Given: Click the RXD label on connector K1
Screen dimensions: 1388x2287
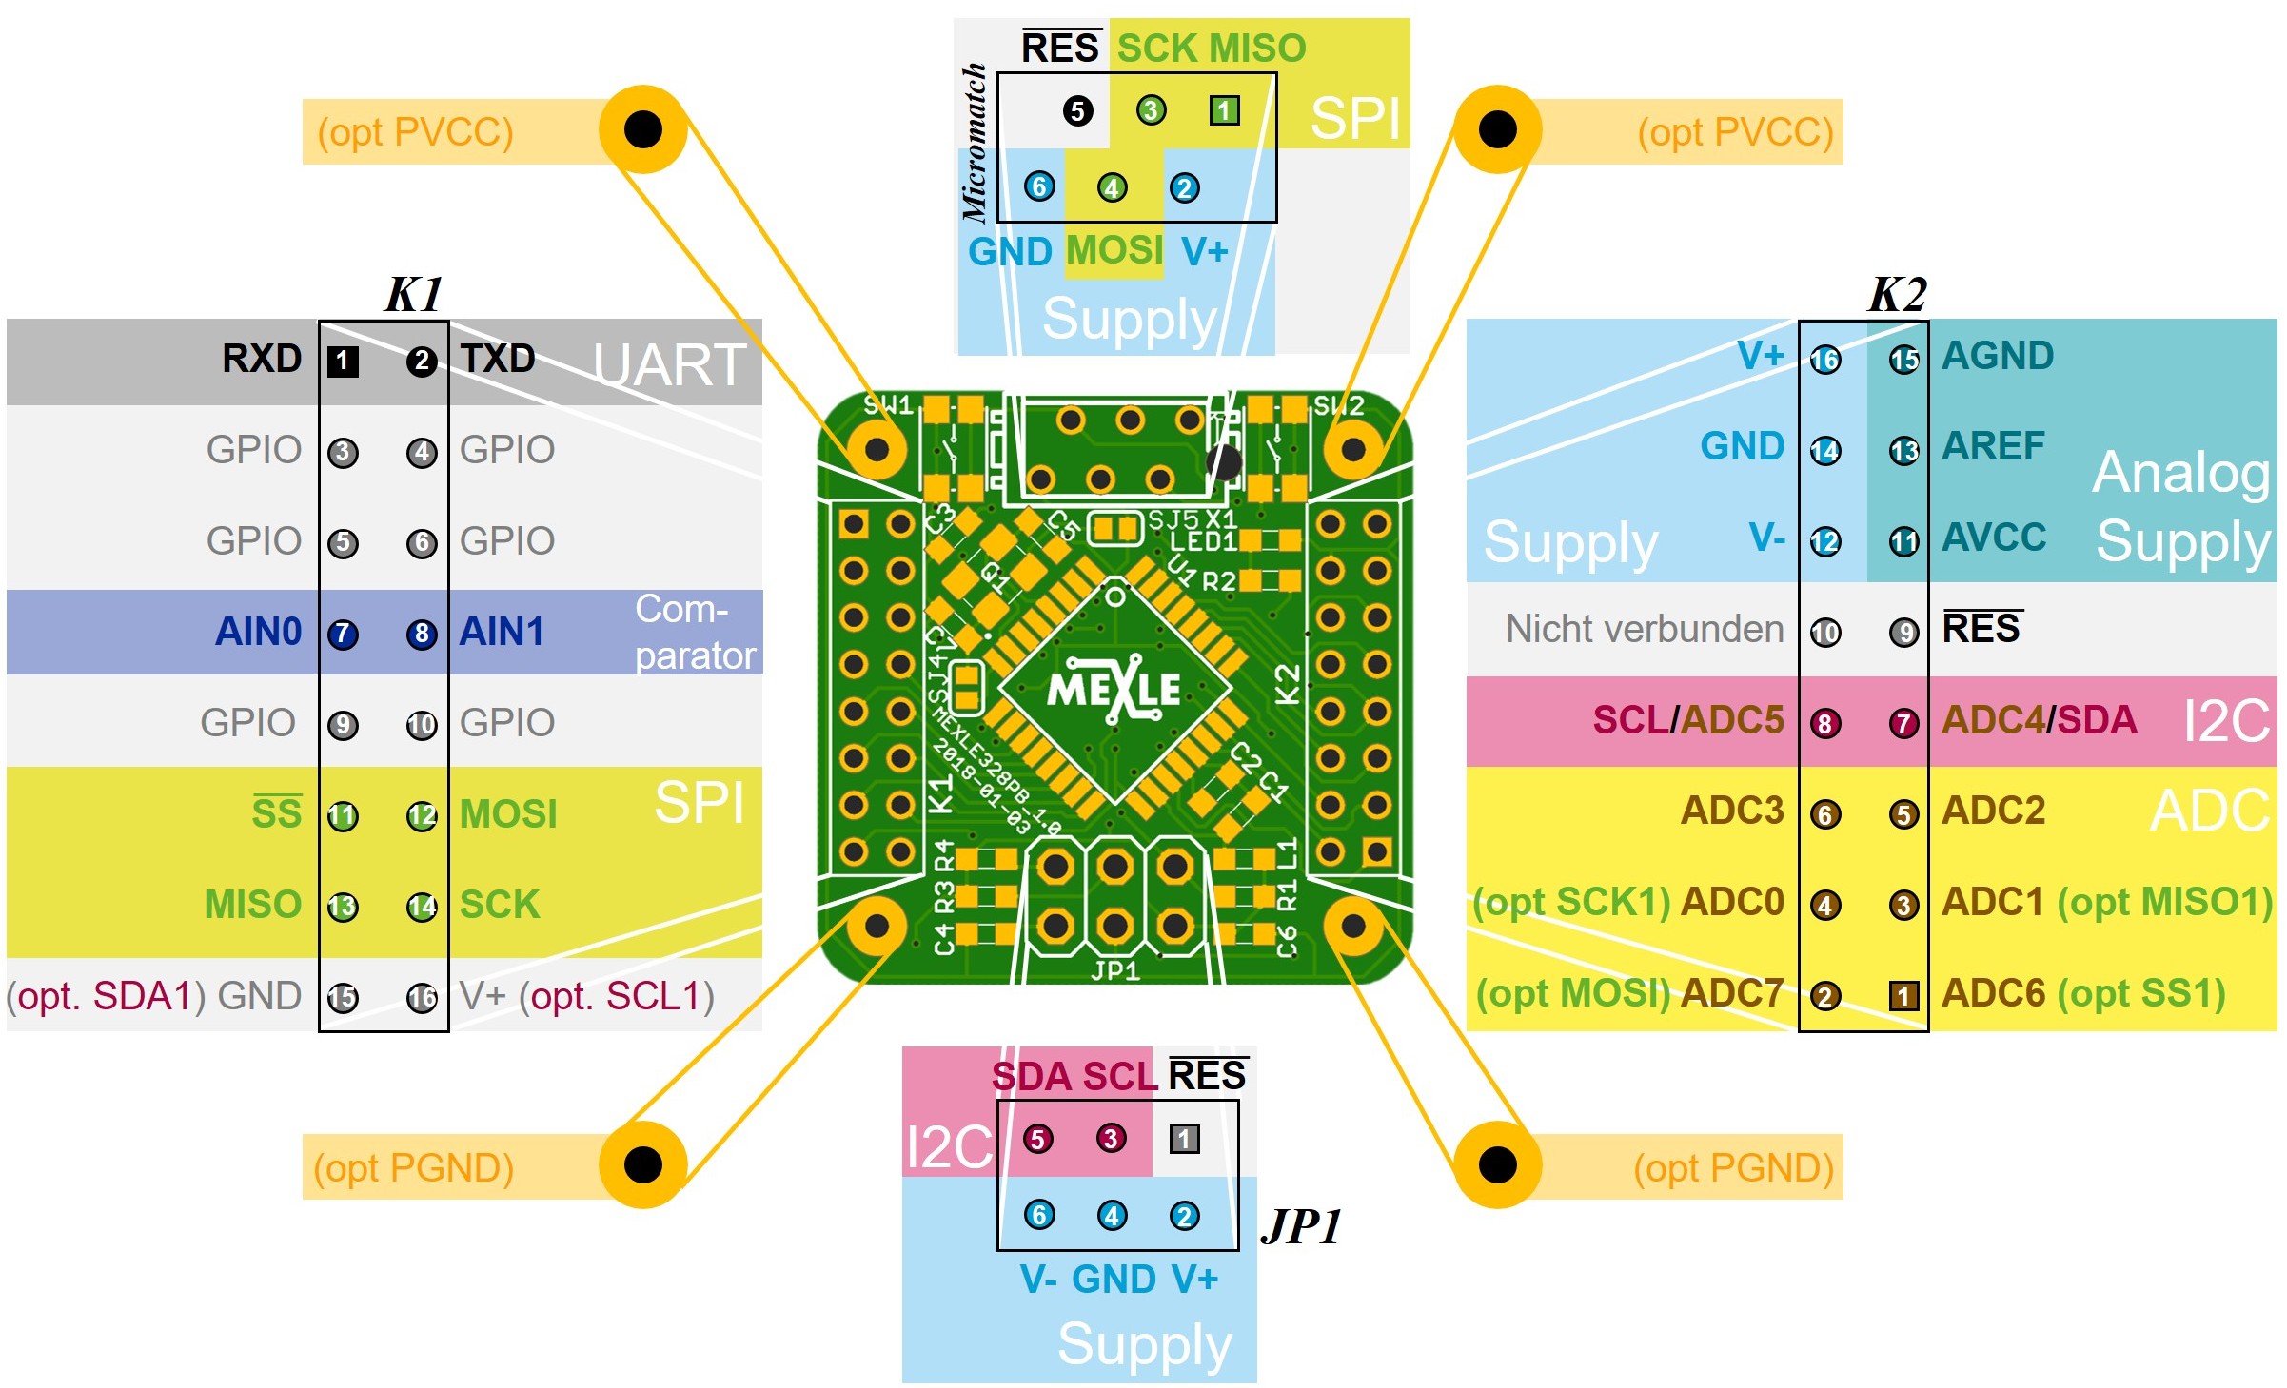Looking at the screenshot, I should point(262,360).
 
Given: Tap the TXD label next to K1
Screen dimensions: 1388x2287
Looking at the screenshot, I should point(498,360).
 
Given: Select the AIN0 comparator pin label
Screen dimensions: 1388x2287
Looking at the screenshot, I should point(258,632).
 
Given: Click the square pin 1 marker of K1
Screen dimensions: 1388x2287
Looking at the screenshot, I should point(343,362).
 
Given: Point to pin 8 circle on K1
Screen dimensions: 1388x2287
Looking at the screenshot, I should point(422,634).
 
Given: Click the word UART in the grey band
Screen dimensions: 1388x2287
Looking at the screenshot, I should point(669,365).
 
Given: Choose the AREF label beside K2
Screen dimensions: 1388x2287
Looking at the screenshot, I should point(1993,446).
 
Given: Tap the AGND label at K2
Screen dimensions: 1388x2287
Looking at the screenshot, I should point(1998,356).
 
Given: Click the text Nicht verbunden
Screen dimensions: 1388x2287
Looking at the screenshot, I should point(1644,629).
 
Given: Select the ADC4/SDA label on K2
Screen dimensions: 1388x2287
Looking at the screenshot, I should point(2039,720).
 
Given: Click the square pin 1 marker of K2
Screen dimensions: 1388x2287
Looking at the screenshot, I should point(1903,996).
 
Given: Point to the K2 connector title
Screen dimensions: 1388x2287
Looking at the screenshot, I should point(1897,294).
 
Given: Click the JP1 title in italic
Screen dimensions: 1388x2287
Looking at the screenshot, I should point(1301,1226).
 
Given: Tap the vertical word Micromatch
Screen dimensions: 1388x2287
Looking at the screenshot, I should point(975,143).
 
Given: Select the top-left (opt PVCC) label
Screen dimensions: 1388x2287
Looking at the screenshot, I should point(415,132).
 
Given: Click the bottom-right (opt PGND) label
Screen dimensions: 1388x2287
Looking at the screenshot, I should point(1733,1167).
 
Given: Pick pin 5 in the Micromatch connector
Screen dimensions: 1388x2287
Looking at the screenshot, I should point(1077,111).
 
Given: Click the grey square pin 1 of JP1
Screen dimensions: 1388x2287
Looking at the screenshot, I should point(1184,1139).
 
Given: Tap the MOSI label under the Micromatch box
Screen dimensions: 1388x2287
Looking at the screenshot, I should point(1114,251).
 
